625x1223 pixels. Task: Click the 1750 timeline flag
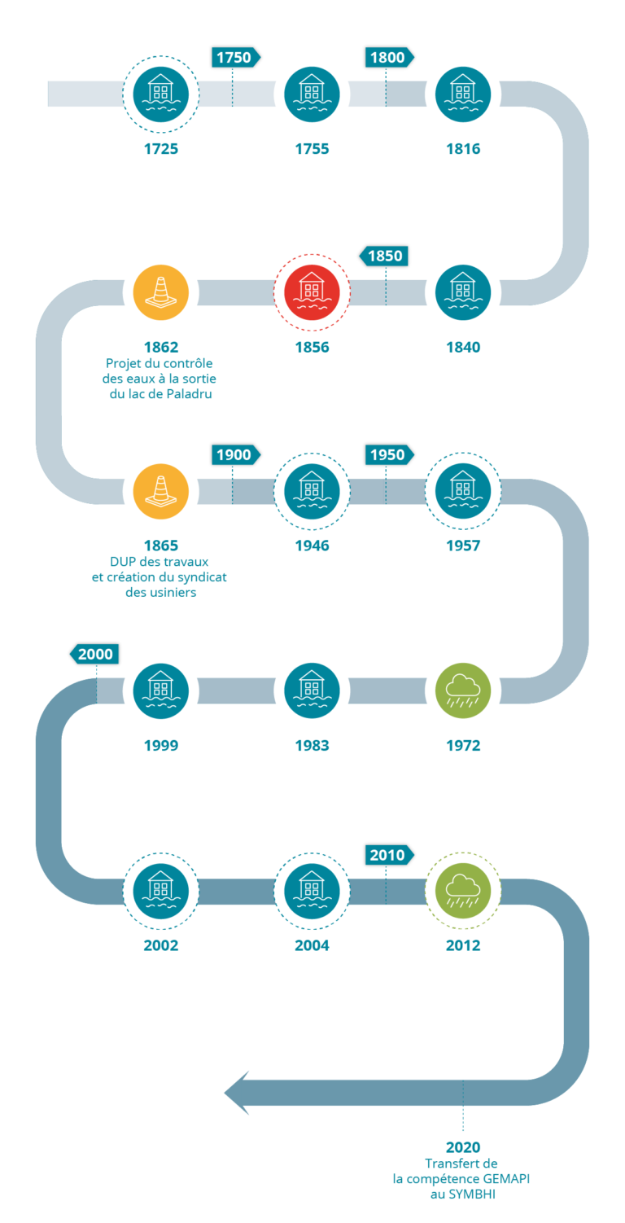point(234,58)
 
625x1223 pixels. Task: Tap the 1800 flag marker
point(388,58)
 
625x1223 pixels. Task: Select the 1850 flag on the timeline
point(384,256)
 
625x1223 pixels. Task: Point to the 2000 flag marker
point(95,654)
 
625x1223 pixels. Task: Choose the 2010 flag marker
point(388,855)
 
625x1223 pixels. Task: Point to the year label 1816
point(463,149)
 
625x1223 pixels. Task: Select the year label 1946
point(312,546)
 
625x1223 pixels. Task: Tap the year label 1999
point(160,745)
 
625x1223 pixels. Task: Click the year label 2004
point(312,945)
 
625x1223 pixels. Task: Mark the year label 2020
point(462,1147)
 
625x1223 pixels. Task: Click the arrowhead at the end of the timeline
point(237,1093)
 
